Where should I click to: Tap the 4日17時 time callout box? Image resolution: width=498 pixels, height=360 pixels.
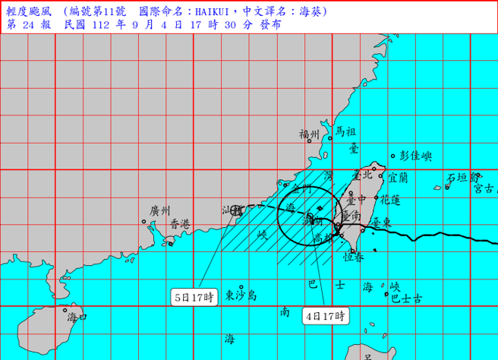pos(327,314)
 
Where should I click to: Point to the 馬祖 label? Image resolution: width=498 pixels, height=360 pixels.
pos(346,132)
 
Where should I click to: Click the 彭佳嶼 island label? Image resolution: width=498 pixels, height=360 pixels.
pos(416,156)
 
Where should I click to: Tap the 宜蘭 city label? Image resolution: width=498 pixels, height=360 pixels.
pos(398,178)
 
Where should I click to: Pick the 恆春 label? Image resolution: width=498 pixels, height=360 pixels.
pos(354,258)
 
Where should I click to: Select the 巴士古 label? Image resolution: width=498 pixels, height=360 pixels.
pos(406,300)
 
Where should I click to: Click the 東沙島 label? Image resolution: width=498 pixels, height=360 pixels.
pos(241,295)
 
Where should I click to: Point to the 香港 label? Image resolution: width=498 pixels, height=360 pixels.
pos(180,224)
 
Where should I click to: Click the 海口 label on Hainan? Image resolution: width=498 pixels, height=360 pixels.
pos(77,317)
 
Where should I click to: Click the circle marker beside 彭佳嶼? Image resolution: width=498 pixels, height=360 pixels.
pos(394,157)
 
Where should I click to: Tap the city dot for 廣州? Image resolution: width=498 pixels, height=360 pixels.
pos(144,222)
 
